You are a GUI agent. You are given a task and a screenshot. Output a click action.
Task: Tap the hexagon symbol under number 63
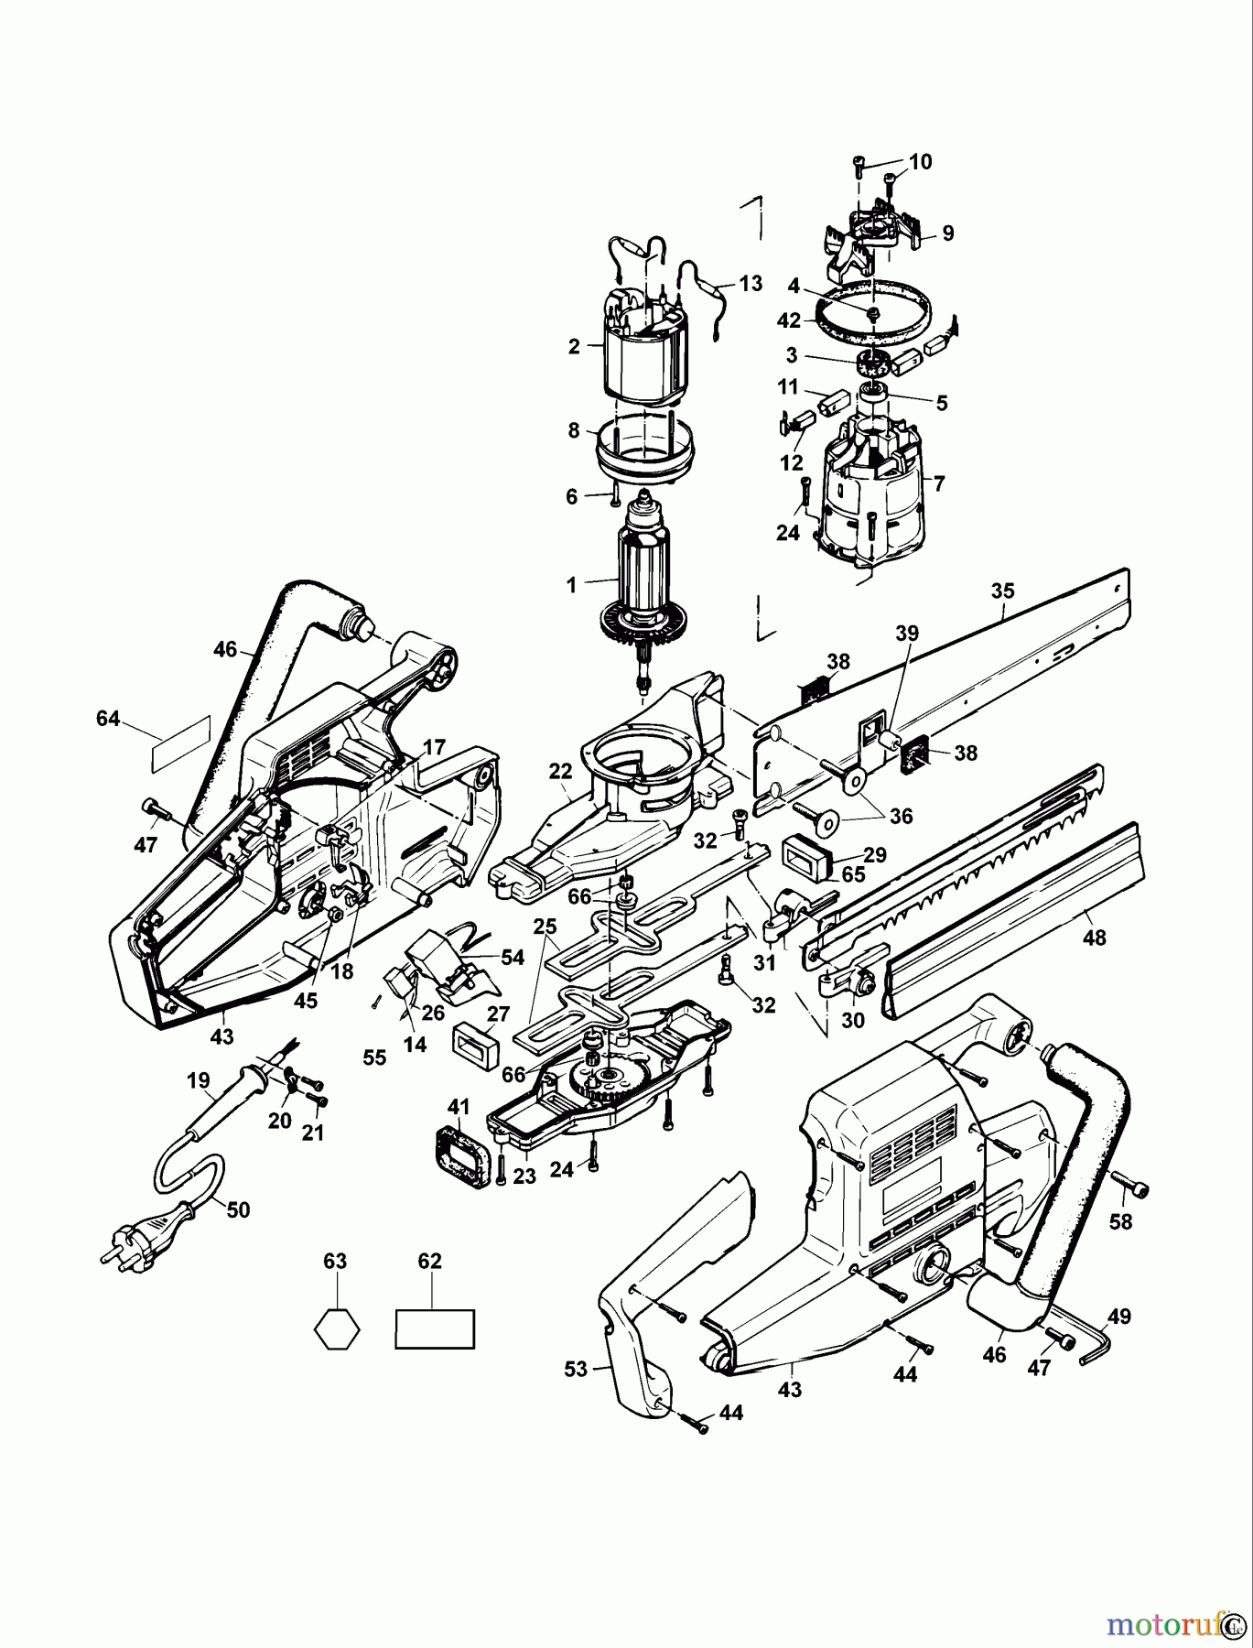335,1328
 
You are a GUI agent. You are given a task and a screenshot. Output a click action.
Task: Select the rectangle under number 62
435,1328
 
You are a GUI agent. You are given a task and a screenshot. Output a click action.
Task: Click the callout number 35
1002,591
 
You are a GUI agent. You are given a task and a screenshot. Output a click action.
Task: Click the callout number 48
1094,938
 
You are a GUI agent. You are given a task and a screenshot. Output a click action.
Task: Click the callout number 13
751,284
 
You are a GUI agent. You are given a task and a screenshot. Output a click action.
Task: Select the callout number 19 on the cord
198,1081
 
